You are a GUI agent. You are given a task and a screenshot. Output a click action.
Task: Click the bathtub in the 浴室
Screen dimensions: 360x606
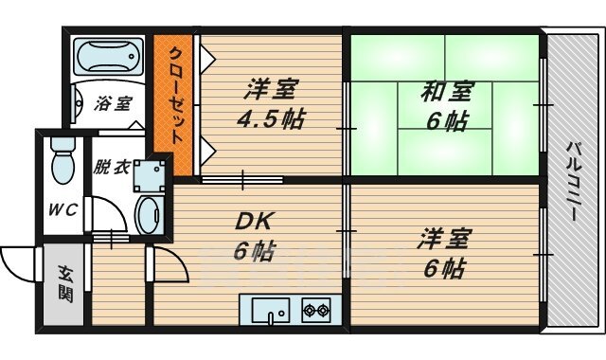(107, 60)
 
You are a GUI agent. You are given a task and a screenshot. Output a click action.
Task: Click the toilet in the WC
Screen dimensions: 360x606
(62, 161)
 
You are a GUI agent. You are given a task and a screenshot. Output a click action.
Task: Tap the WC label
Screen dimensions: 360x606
(61, 207)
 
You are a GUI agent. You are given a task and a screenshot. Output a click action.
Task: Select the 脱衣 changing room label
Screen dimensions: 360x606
(110, 167)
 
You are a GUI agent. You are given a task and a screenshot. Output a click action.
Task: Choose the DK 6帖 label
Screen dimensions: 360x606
(255, 237)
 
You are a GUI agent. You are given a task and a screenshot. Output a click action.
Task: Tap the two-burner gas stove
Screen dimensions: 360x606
(314, 310)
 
